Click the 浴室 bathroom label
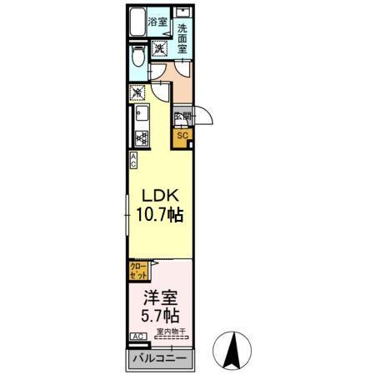click(157, 22)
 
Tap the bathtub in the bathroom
click(137, 22)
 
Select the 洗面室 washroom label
click(183, 38)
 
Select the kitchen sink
click(139, 114)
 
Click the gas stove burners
click(140, 137)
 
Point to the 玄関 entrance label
click(182, 117)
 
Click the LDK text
click(160, 197)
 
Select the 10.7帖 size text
click(160, 215)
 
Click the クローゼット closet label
click(137, 269)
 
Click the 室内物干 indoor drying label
click(172, 332)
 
